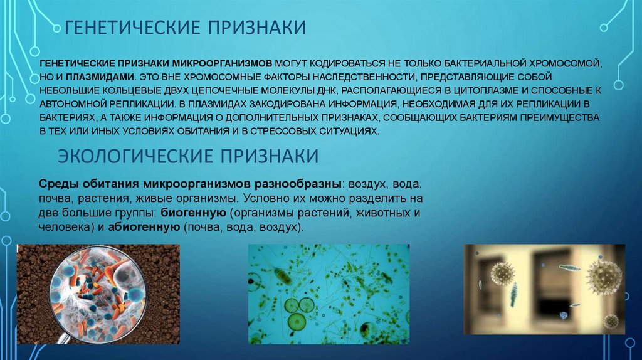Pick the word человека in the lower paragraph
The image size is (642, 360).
pyautogui.click(x=63, y=226)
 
